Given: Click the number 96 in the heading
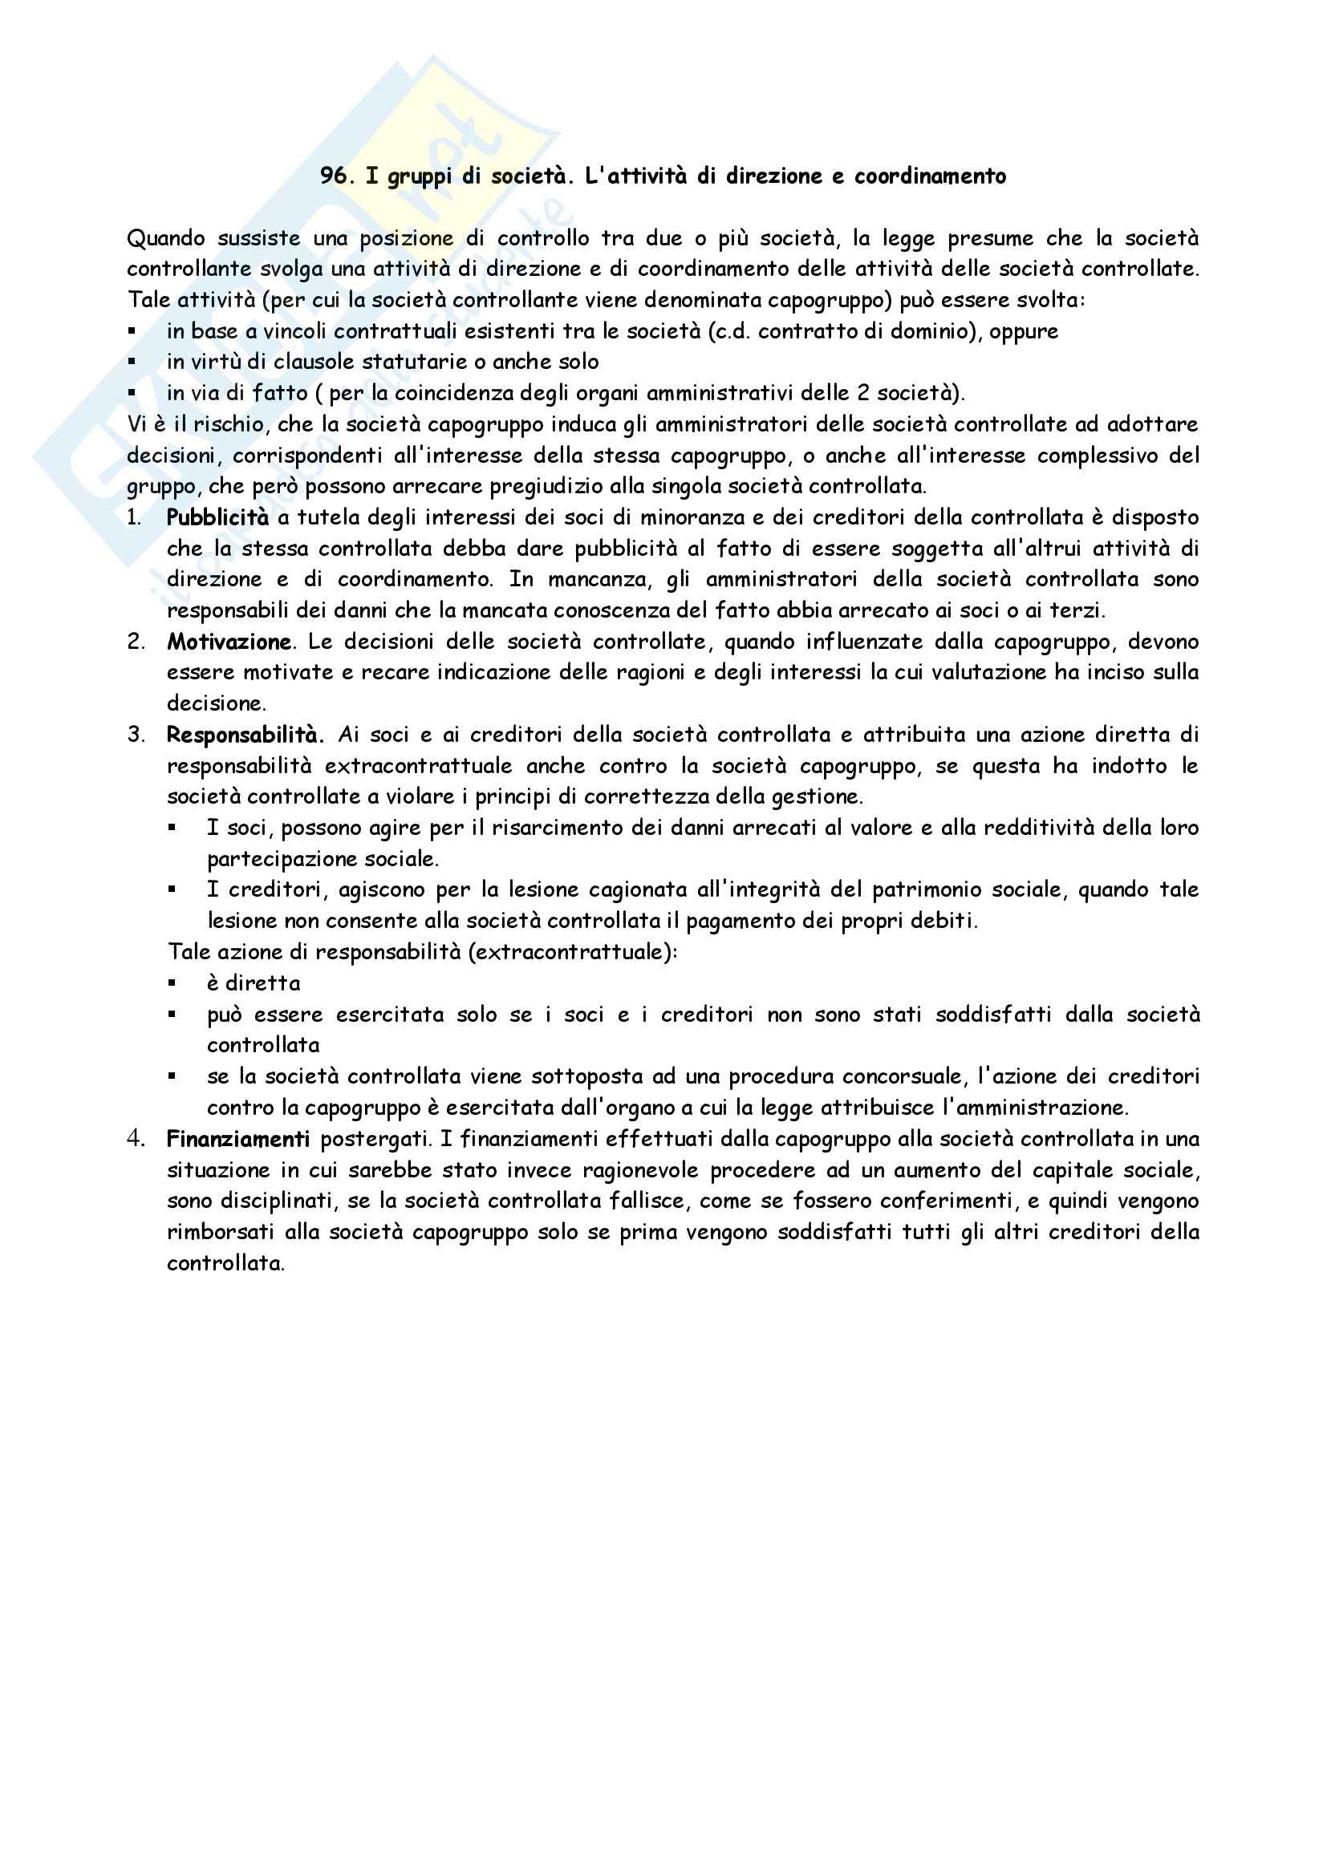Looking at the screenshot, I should point(334,176).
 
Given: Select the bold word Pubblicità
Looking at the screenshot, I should point(217,517).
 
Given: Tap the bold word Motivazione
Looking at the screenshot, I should point(229,642).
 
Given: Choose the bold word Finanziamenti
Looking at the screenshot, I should point(237,1139).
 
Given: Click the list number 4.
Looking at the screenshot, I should point(135,1139).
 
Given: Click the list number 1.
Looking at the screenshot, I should point(134,517).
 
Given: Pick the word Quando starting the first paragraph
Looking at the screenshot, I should point(166,238).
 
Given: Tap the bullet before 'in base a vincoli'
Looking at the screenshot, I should point(132,332).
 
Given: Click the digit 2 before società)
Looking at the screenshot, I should point(863,393).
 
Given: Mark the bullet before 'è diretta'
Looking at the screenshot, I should point(172,984).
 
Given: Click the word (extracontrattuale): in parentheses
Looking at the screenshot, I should point(573,953).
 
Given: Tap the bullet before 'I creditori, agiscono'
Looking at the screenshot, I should point(172,890).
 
